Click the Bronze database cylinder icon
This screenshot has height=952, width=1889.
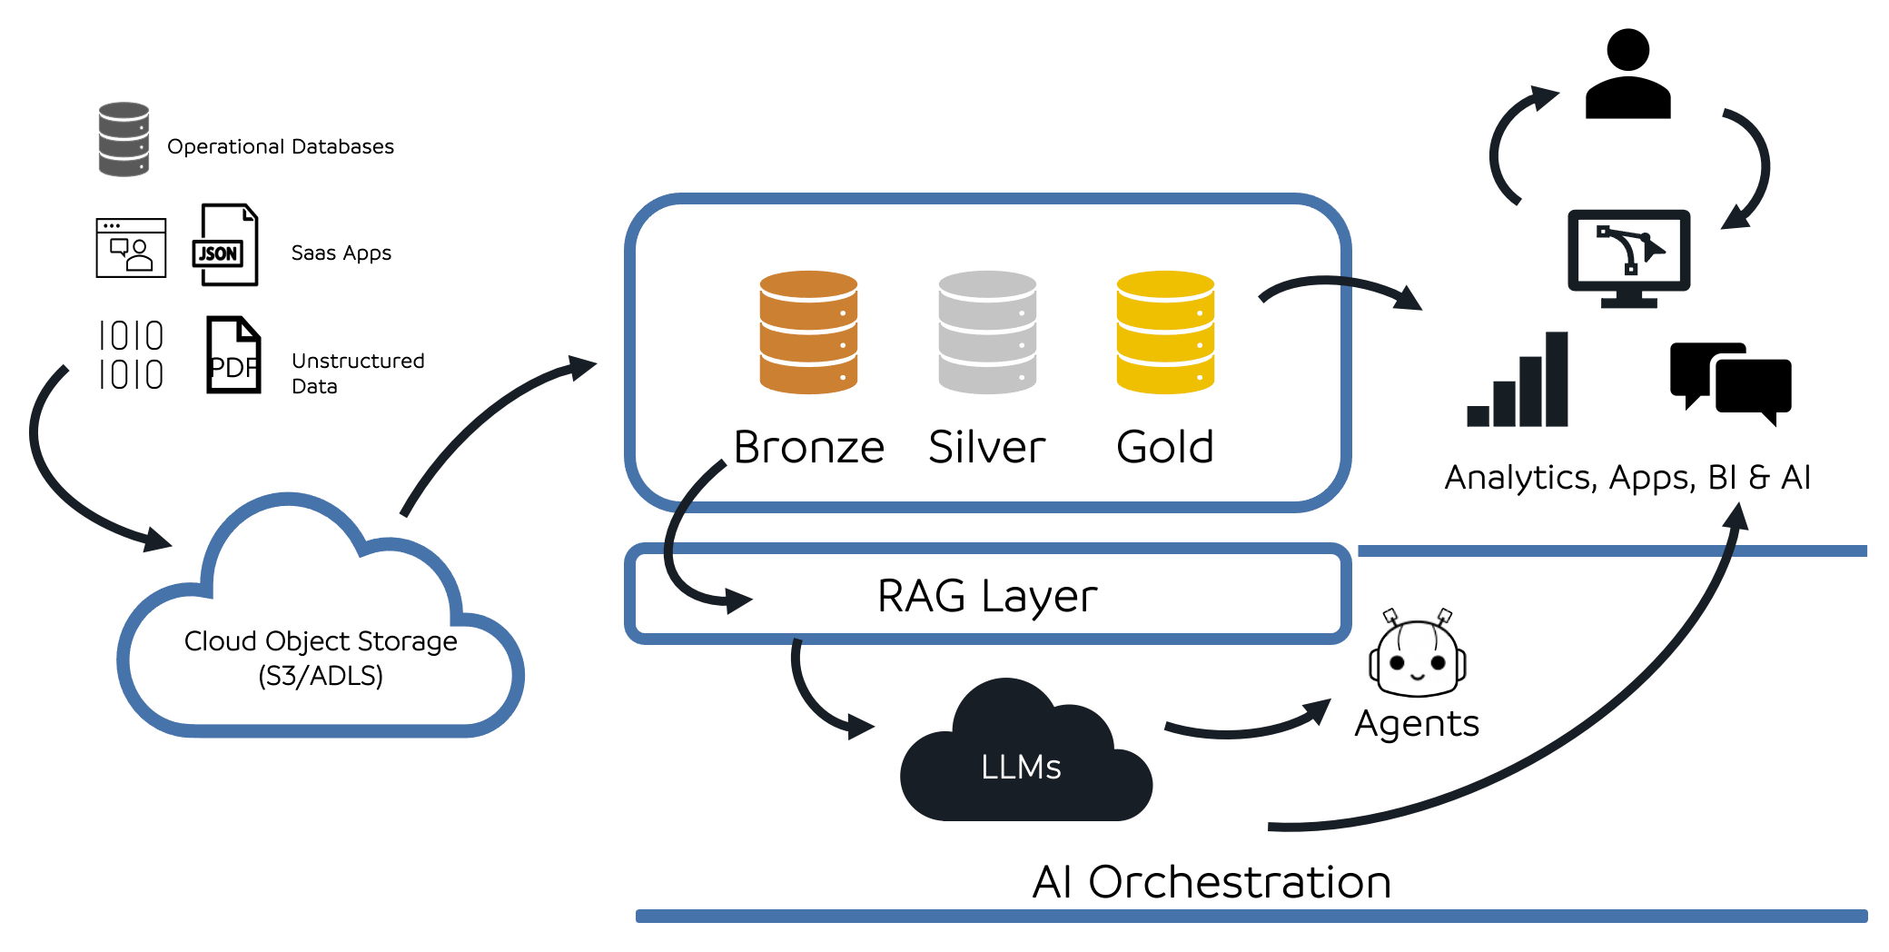click(x=808, y=332)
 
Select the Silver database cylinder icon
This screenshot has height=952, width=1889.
click(x=987, y=332)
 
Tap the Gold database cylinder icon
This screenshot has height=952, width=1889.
click(x=1165, y=332)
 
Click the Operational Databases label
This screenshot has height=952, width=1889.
click(x=281, y=146)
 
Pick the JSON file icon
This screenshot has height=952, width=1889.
click(x=226, y=245)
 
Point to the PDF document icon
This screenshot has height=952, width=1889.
click(x=233, y=355)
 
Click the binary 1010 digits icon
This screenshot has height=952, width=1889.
click(x=131, y=355)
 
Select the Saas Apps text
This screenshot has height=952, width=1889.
click(x=341, y=253)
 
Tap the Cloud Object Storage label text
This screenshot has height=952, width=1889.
click(x=321, y=657)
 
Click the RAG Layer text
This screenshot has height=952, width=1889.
click(x=987, y=596)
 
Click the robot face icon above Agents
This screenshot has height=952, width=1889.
click(x=1417, y=655)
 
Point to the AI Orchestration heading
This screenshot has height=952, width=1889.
click(x=1211, y=881)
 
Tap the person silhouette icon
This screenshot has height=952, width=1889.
click(x=1627, y=74)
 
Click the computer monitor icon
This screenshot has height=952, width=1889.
click(x=1628, y=257)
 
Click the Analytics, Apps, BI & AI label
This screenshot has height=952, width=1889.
click(x=1627, y=477)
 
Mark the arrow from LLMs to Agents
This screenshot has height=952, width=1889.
click(x=1249, y=726)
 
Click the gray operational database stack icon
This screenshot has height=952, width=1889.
click(x=124, y=139)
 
